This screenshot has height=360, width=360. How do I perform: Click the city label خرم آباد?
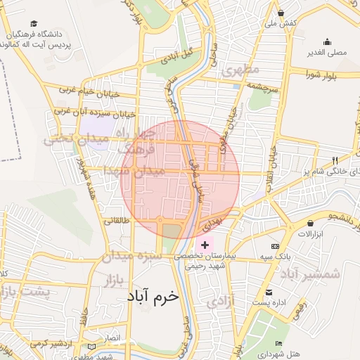pos(153,297)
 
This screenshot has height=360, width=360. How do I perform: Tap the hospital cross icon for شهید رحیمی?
pos(205,244)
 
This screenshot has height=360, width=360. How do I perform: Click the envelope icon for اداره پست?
pos(269,292)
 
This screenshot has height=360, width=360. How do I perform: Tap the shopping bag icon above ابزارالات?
pos(310,222)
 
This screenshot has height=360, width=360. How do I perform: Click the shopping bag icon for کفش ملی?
pos(281,13)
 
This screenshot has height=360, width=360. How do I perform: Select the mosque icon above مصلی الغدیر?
pos(327,41)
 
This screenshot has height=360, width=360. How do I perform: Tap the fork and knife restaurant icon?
pos(334,160)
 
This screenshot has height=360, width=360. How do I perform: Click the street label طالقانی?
pos(117,221)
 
